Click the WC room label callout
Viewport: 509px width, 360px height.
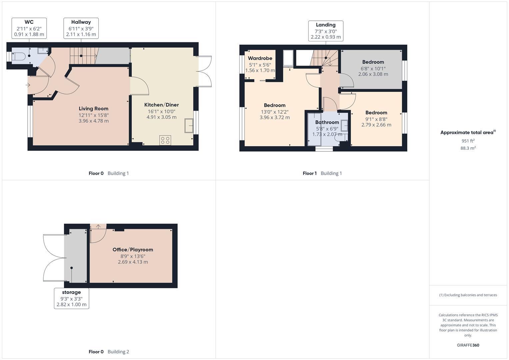click(x=29, y=28)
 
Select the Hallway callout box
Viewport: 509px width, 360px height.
click(x=81, y=28)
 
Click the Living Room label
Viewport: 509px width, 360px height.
click(x=93, y=108)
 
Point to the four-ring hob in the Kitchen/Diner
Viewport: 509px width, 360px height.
click(x=165, y=140)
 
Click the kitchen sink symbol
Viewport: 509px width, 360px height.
click(x=189, y=126)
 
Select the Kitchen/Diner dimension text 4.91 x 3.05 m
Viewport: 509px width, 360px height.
click(x=161, y=117)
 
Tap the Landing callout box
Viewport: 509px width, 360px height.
click(x=326, y=31)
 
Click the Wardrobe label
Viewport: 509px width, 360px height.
click(x=260, y=58)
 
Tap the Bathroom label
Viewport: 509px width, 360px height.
click(x=327, y=122)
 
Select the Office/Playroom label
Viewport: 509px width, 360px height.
click(x=133, y=250)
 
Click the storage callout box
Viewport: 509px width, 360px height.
click(x=71, y=298)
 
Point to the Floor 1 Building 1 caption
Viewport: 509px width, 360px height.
click(x=322, y=173)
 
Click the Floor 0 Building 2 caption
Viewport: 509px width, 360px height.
click(x=109, y=352)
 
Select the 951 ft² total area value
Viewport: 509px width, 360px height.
click(x=468, y=141)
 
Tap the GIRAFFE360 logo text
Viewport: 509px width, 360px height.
click(x=468, y=345)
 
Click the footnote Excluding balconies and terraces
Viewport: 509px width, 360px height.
click(x=468, y=295)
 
